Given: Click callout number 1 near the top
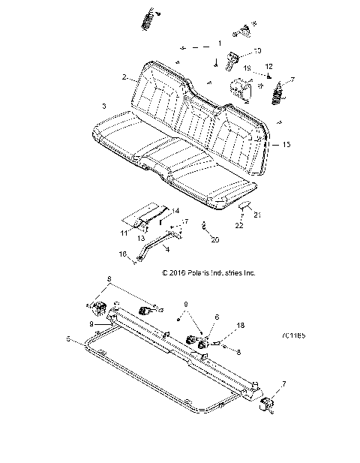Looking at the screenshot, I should click(x=219, y=43).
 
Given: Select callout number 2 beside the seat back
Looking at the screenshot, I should click(x=124, y=77).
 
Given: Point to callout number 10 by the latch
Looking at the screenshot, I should click(x=257, y=51).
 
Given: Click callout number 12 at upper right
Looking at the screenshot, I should click(x=269, y=67).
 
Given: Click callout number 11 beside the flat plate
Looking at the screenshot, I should click(x=124, y=233).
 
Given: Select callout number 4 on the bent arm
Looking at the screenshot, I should click(x=167, y=248).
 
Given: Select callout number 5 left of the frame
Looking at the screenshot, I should click(x=68, y=339).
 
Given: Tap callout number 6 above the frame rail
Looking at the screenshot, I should click(x=217, y=317).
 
